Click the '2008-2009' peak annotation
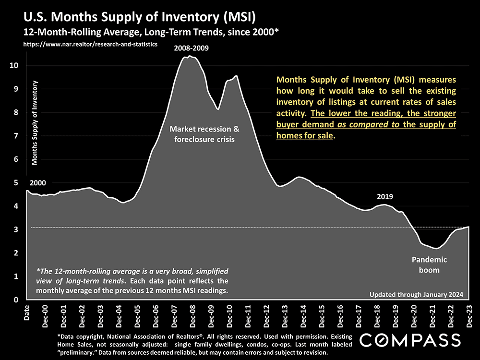pos(192,48)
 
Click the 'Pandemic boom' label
pos(429,264)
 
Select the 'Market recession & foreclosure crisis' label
pos(204,134)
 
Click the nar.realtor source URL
pos(90,44)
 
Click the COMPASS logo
pos(410,340)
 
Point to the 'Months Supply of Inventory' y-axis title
pos(35,124)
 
